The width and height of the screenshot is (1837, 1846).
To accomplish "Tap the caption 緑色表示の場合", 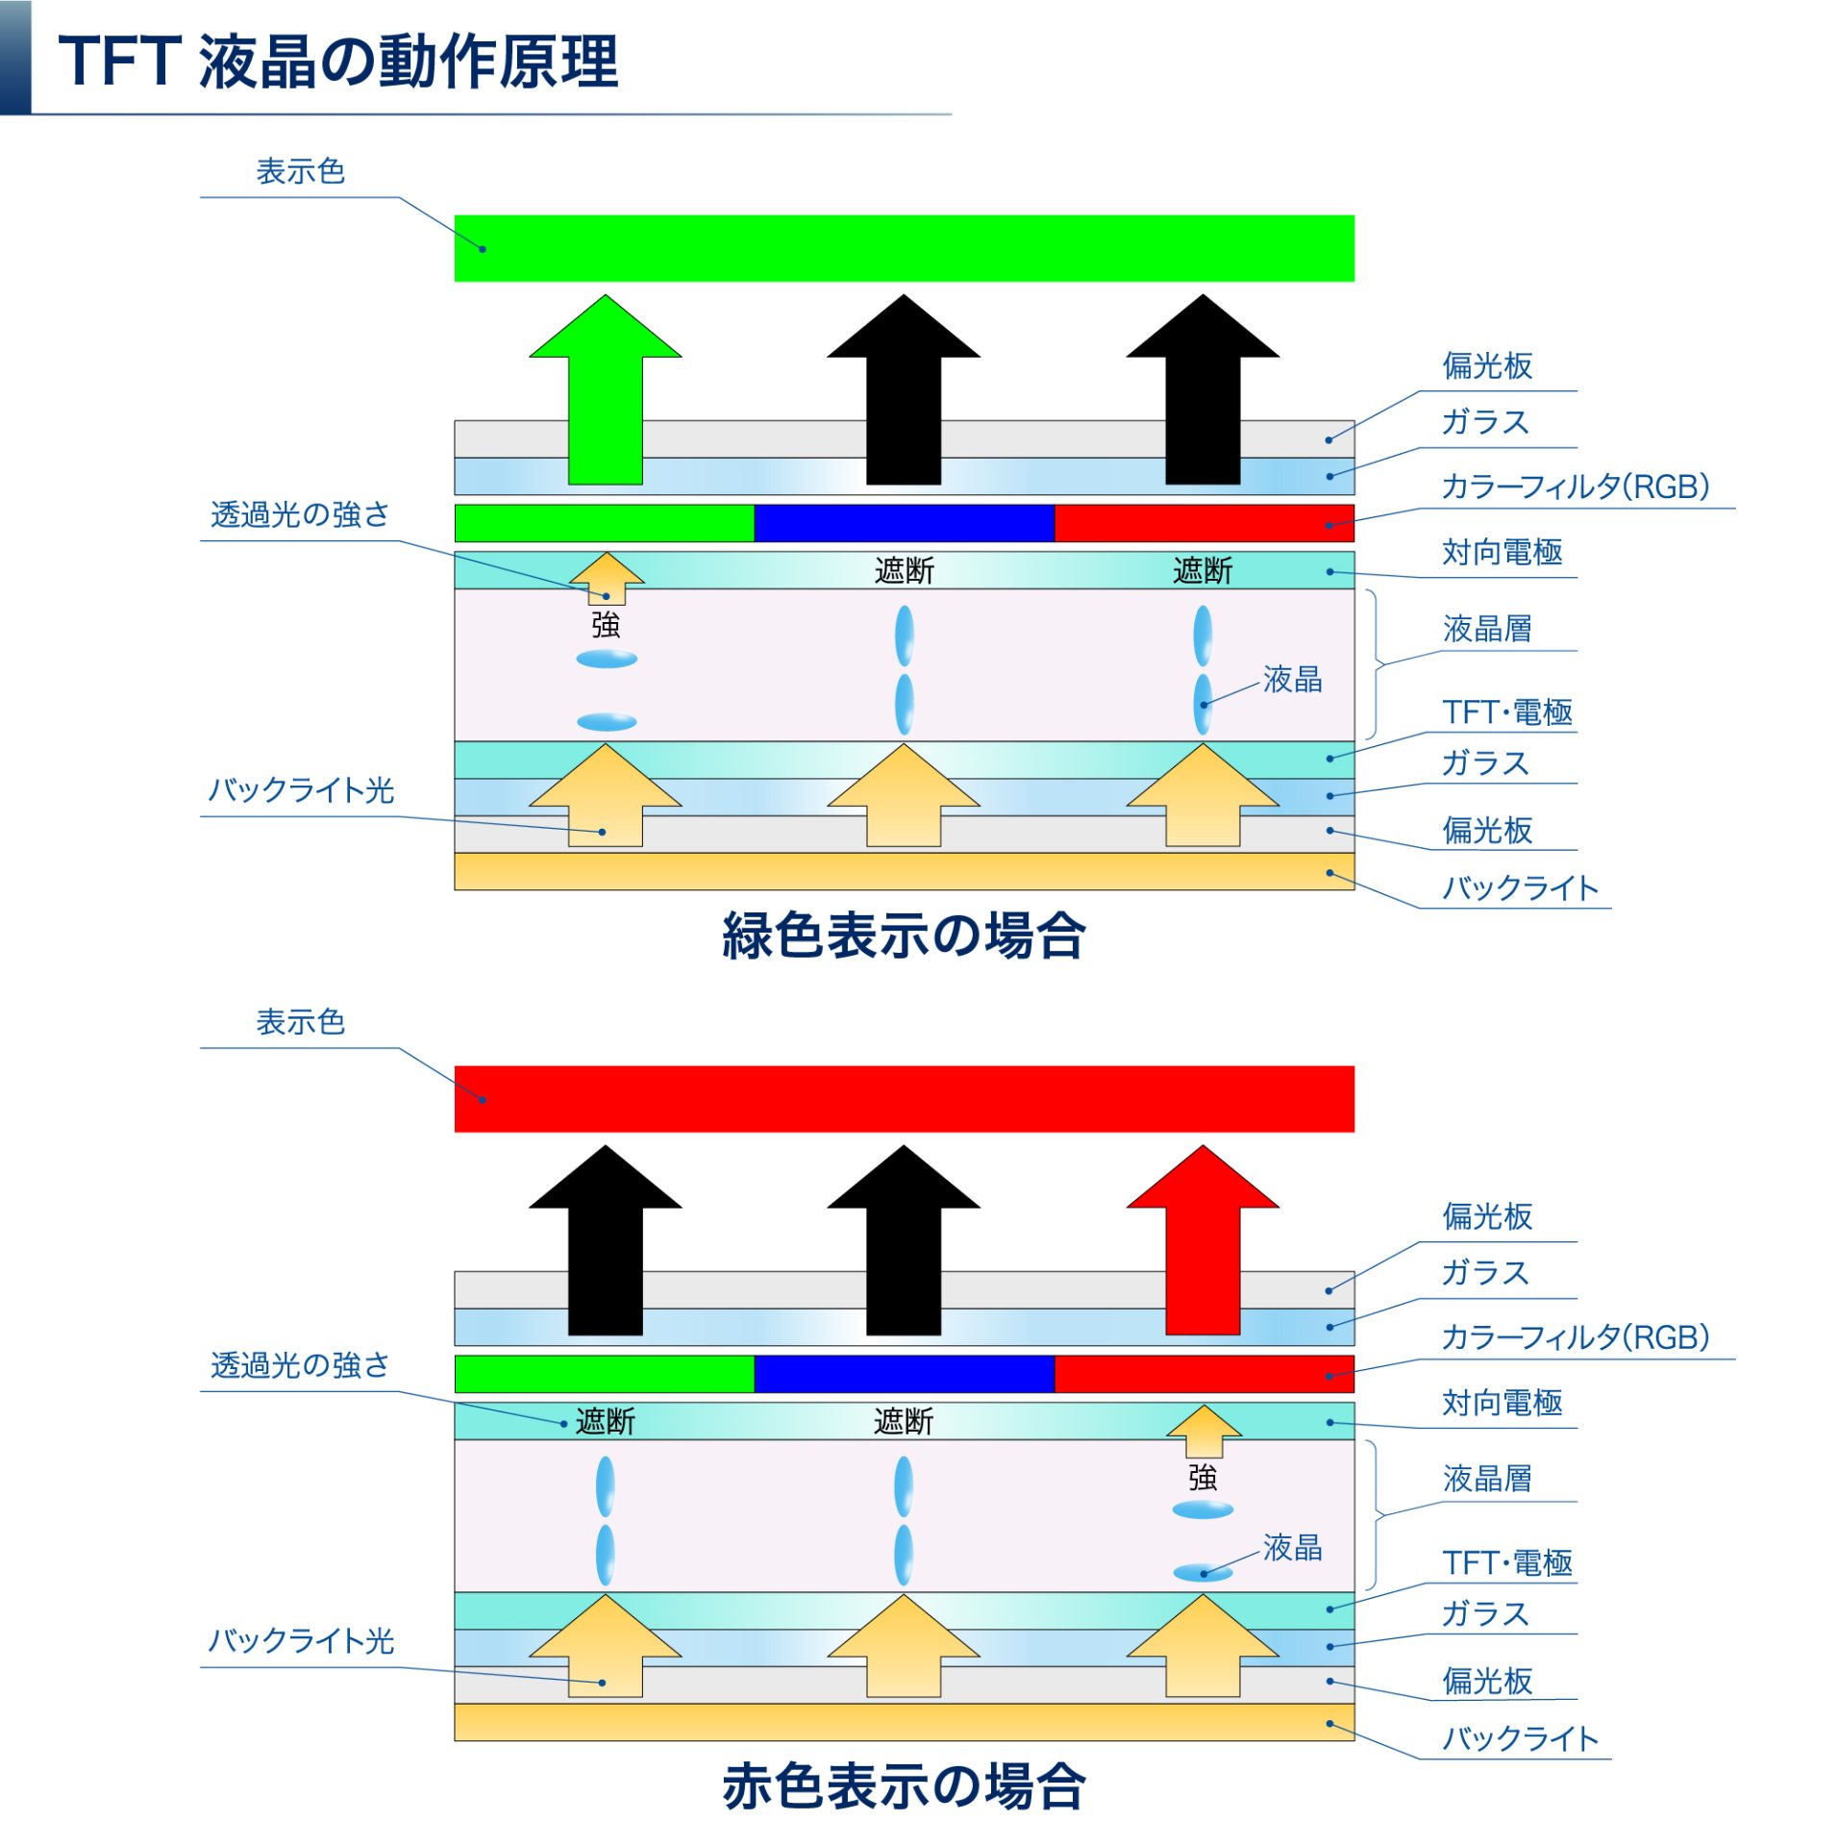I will pos(903,935).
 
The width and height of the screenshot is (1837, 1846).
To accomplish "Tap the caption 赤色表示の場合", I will pos(903,1785).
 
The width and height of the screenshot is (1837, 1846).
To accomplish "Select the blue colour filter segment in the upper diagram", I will pos(904,523).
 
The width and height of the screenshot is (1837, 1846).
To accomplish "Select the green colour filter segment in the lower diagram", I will pos(604,1373).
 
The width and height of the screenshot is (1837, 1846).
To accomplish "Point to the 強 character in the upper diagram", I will pos(605,625).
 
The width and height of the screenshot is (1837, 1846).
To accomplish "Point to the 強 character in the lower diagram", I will pos(1202,1476).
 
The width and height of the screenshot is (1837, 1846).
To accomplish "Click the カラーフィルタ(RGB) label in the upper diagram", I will pos(1574,486).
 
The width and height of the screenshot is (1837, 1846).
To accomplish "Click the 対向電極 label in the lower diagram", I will pos(1502,1403).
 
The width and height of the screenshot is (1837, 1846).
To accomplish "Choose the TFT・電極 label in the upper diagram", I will pos(1506,712).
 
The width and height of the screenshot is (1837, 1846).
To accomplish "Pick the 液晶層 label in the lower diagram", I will pos(1486,1478).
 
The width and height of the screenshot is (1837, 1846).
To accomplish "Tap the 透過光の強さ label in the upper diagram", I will pos(300,514).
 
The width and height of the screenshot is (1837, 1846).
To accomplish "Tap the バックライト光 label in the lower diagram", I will pos(301,1640).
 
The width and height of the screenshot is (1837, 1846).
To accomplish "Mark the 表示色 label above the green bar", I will pos(300,172).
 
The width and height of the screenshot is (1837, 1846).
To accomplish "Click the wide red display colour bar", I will pos(904,1098).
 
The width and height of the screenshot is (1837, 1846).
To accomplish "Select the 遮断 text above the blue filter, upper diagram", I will pos(904,571).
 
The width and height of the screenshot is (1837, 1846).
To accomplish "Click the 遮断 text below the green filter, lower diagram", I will pos(605,1421).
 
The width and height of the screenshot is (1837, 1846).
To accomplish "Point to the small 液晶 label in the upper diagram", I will pos(1292,680).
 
